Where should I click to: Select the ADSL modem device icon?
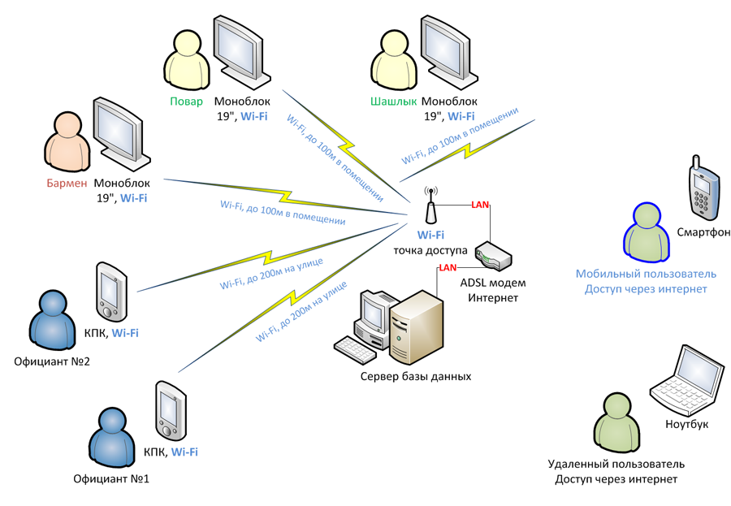(x=493, y=256)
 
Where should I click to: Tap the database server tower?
(x=417, y=325)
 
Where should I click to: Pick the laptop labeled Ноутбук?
(x=688, y=384)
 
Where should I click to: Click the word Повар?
(x=186, y=102)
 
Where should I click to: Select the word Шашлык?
(x=393, y=102)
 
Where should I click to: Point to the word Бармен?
(x=66, y=184)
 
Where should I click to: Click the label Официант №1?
(x=110, y=478)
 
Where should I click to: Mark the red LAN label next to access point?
(x=480, y=205)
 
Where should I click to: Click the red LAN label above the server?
(x=448, y=268)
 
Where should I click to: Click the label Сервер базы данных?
(x=416, y=377)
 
